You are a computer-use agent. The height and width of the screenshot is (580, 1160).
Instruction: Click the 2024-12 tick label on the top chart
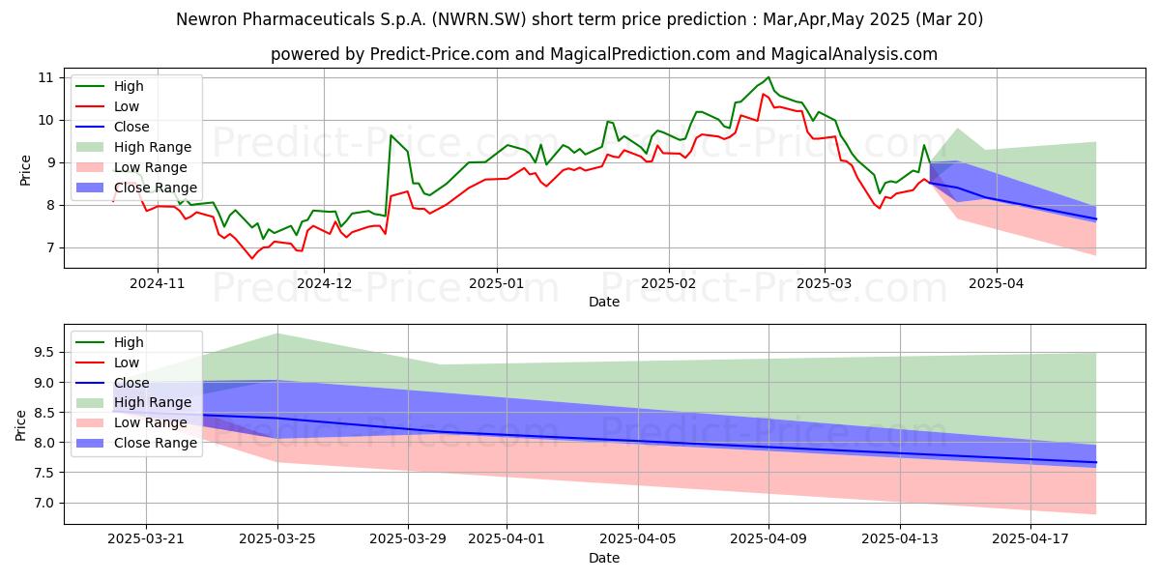tap(323, 284)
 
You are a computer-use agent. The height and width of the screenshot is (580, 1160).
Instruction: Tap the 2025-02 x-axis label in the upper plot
tap(668, 284)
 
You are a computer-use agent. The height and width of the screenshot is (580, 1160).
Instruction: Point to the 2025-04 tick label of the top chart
tap(996, 284)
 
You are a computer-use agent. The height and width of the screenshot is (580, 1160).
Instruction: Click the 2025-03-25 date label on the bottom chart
tap(277, 539)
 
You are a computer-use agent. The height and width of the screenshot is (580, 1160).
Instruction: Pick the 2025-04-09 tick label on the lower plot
tap(768, 539)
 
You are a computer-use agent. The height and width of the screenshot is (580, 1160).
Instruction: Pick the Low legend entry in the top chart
tap(127, 106)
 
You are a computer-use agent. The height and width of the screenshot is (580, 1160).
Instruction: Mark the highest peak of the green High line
tap(768, 77)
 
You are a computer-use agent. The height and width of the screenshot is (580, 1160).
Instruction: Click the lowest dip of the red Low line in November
tap(252, 258)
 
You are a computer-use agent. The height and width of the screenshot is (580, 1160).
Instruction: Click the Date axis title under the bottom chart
tap(604, 559)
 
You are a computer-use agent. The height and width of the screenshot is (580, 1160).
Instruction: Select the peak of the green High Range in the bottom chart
tap(277, 333)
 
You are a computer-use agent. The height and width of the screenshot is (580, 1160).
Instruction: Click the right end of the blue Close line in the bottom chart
tap(1095, 462)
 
